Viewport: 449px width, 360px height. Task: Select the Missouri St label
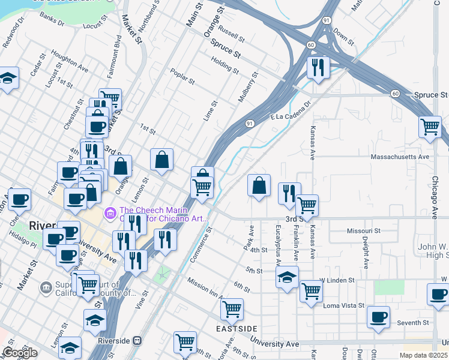tap(364, 230)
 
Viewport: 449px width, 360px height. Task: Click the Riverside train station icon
tap(137, 341)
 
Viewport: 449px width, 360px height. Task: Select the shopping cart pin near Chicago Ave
tap(430, 127)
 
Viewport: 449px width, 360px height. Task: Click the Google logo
tap(20, 353)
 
